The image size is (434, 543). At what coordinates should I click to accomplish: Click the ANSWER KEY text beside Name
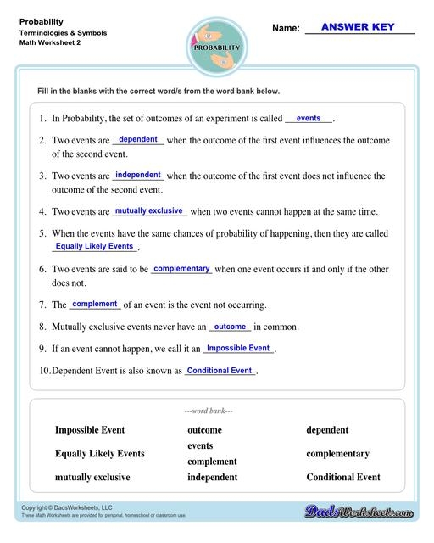[359, 26]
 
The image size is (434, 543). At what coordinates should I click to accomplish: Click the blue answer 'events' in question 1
[309, 119]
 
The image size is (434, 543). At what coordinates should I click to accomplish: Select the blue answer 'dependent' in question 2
[137, 139]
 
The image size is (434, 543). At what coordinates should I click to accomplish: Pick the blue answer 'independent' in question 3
[138, 175]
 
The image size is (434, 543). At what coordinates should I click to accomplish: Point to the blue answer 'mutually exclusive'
[148, 210]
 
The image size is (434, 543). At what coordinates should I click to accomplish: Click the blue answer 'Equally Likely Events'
[94, 246]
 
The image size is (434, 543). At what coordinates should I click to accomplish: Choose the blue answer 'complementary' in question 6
[181, 268]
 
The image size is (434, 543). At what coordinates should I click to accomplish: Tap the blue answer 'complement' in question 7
[95, 304]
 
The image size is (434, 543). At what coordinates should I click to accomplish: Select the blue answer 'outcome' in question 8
[230, 326]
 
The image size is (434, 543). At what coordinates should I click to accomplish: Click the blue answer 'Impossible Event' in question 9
[238, 348]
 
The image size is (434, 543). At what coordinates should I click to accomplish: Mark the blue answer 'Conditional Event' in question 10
[220, 370]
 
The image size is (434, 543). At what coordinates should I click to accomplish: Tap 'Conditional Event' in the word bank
[343, 477]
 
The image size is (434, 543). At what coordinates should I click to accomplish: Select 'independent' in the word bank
[212, 477]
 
